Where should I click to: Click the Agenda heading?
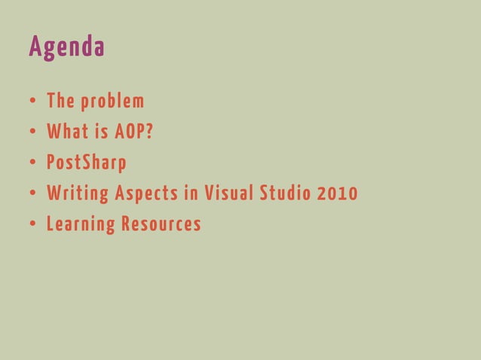66,47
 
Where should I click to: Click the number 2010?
339,194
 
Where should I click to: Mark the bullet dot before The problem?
34,102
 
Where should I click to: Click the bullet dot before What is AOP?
34,133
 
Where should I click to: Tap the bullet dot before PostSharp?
34,163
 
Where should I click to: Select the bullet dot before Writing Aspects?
34,194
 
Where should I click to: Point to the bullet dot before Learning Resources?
34,225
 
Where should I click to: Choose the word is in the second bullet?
101,132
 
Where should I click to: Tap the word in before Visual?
191,194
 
